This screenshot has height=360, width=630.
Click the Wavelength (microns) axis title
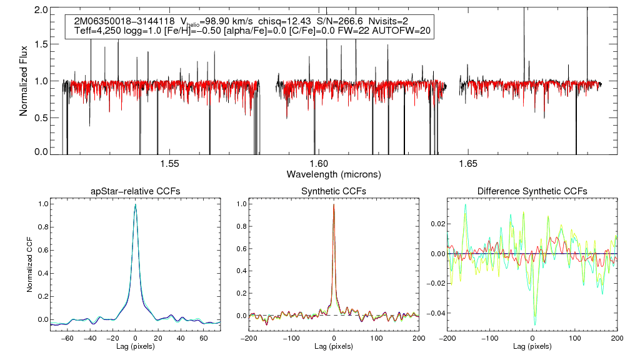pyautogui.click(x=333, y=174)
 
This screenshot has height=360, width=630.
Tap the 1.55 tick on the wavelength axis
pyautogui.click(x=169, y=164)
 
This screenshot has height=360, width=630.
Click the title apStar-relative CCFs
pyautogui.click(x=135, y=191)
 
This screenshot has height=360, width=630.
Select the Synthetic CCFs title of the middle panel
pyautogui.click(x=334, y=191)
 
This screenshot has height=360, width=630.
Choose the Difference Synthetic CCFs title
pyautogui.click(x=532, y=191)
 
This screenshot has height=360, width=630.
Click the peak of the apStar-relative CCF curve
pyautogui.click(x=135, y=204)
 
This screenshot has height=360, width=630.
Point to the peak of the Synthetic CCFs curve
pyautogui.click(x=334, y=204)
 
